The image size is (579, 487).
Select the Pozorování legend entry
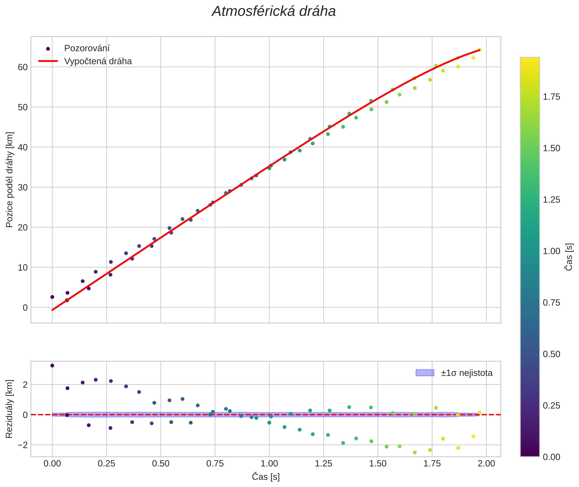[87, 48]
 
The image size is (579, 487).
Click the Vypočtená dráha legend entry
[98, 61]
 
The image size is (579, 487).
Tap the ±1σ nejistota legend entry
[466, 373]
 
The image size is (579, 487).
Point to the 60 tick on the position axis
[23, 67]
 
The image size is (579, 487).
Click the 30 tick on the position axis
[23, 187]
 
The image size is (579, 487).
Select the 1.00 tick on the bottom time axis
[269, 463]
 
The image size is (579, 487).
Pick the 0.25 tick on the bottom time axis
[106, 463]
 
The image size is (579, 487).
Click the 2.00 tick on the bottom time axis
[486, 463]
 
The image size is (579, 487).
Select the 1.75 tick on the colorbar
[551, 97]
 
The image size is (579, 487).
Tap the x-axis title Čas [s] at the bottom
[266, 477]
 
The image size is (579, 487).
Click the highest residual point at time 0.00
[52, 366]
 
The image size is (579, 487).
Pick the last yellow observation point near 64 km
[479, 50]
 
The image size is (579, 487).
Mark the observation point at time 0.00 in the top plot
[52, 297]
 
